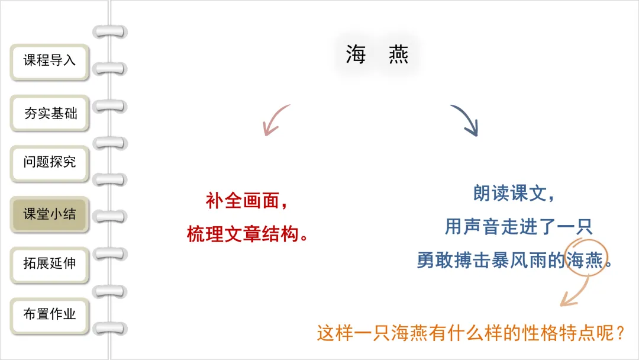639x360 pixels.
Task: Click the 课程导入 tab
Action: pos(50,60)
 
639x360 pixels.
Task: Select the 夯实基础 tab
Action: pos(50,112)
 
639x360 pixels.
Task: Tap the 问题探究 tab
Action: pos(50,162)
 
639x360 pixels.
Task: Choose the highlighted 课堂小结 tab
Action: pos(50,214)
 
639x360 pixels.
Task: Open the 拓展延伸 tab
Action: pos(50,263)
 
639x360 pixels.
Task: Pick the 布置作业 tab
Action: pos(50,314)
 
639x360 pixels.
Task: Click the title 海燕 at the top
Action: pos(377,55)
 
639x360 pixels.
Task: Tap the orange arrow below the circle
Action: pos(573,294)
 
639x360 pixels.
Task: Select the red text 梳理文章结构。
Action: pos(249,234)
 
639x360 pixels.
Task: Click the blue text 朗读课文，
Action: pos(514,193)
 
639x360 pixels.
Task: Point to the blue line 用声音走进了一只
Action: pos(518,226)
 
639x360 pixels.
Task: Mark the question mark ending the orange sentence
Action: pos(619,333)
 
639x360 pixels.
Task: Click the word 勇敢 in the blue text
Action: pos(431,261)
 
